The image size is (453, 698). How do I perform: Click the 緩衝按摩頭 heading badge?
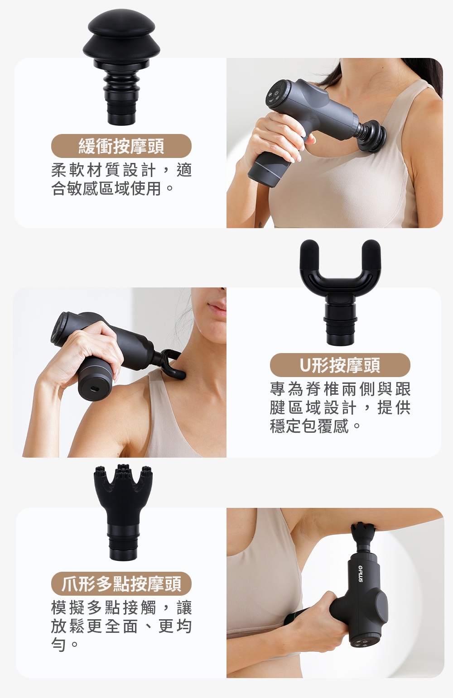click(x=121, y=146)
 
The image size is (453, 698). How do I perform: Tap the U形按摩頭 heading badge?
click(x=340, y=365)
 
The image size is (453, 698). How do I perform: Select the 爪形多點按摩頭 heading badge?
click(x=121, y=583)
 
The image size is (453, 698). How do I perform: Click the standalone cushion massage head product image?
click(x=121, y=67)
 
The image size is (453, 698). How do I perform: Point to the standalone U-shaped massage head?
click(x=340, y=292)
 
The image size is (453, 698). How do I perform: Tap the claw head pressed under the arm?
click(x=362, y=533)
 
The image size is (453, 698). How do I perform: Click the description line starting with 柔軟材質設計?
click(x=121, y=170)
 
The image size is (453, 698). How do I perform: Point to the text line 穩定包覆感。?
click(x=315, y=426)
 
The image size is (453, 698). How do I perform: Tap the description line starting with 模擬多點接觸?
click(x=121, y=607)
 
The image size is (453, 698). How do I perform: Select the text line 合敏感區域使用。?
click(x=112, y=188)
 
